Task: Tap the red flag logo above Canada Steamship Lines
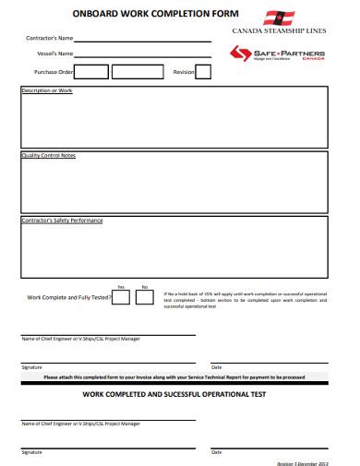coord(280,17)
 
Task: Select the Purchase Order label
coord(54,71)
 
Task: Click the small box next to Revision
coord(203,71)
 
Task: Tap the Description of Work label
coord(46,90)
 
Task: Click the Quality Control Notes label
coord(48,155)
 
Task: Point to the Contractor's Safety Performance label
coord(62,221)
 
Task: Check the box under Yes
coord(121,296)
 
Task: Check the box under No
coord(144,296)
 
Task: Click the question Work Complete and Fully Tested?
coord(69,297)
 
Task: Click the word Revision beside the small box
coord(183,71)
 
